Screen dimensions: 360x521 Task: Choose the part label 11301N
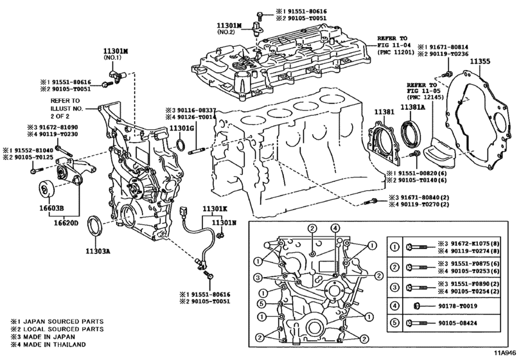(225, 222)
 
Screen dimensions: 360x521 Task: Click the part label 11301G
(182, 129)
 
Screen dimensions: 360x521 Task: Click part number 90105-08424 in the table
(460, 322)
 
